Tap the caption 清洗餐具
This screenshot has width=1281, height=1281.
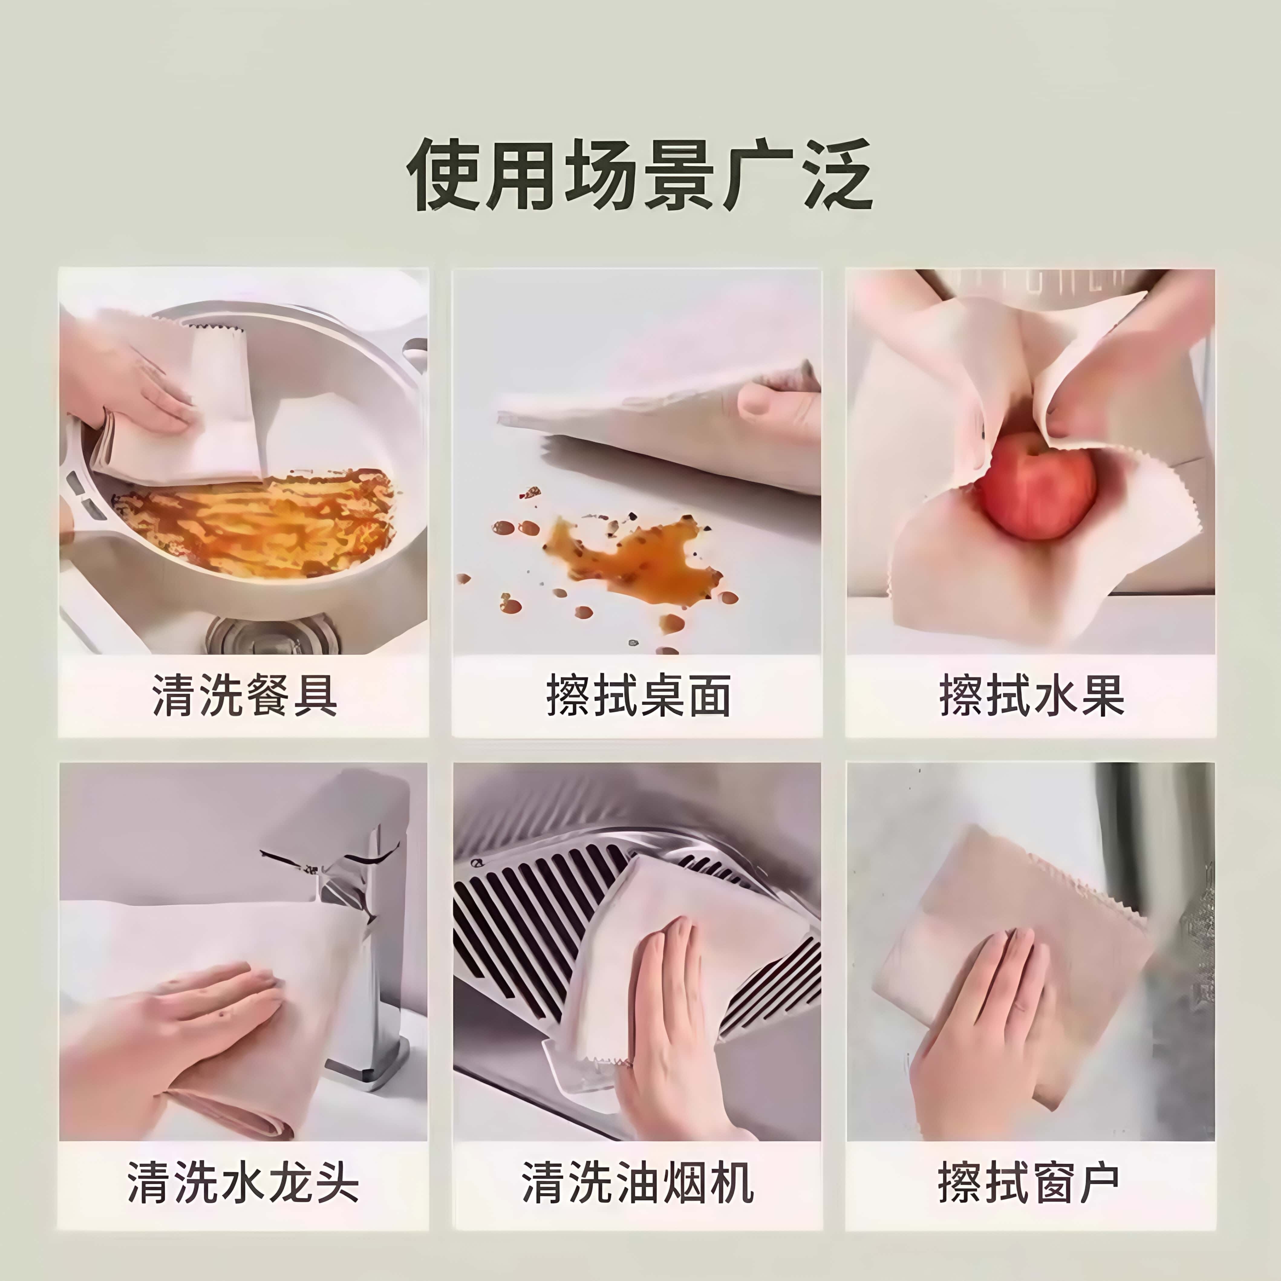click(x=244, y=696)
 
